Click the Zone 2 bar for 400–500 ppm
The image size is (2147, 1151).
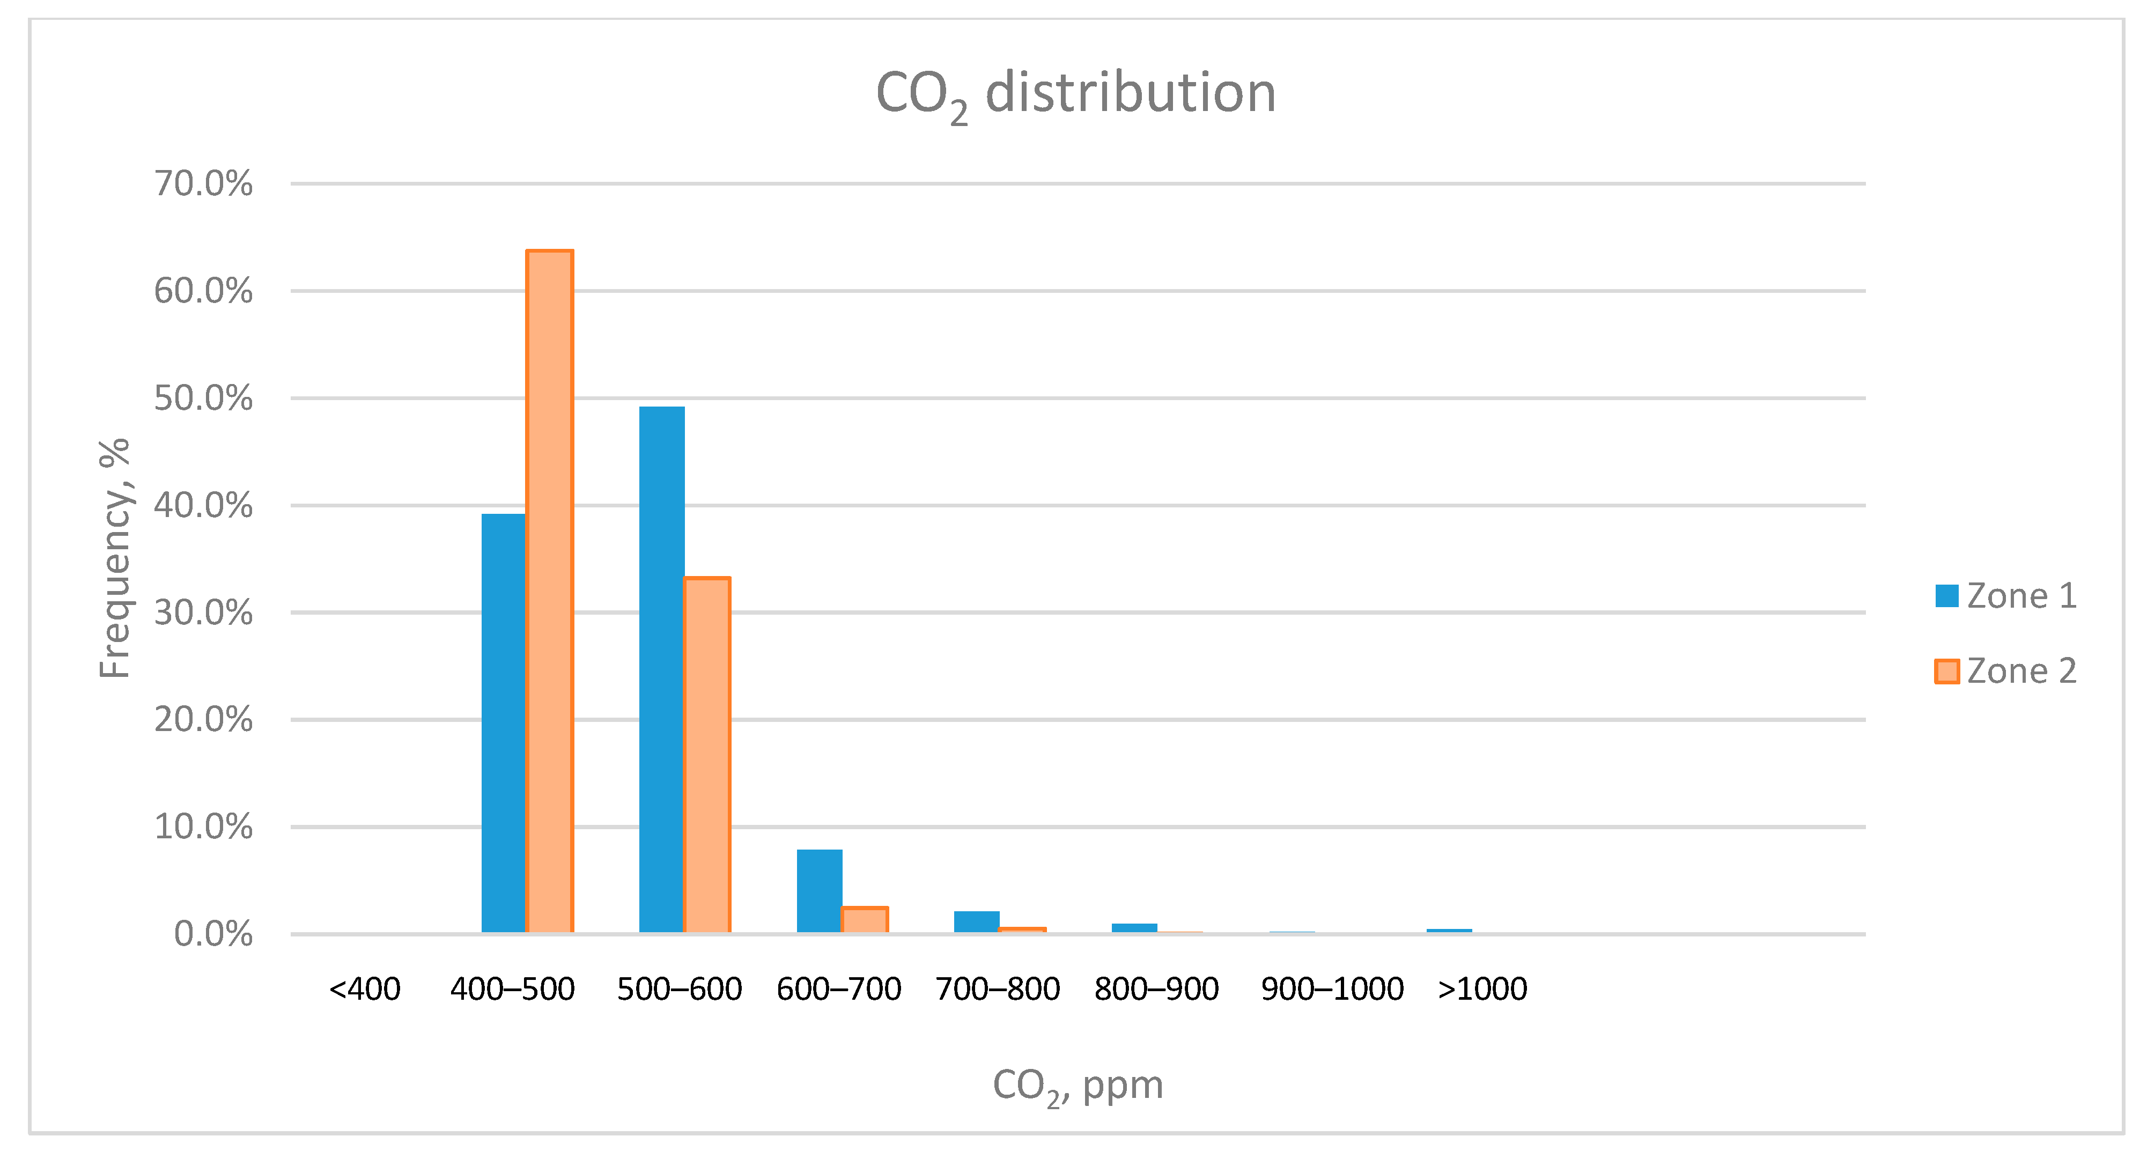(x=549, y=592)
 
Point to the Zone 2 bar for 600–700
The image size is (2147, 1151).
(x=864, y=920)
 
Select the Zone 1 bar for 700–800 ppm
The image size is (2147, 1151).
(x=976, y=923)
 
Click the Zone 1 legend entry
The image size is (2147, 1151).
(x=2005, y=596)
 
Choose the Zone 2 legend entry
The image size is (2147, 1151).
(x=2005, y=671)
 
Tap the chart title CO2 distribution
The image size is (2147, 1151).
(x=1075, y=93)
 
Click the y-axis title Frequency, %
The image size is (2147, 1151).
(x=114, y=558)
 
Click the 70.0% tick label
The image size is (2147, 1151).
(x=203, y=183)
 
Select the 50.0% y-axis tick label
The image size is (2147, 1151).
(x=203, y=399)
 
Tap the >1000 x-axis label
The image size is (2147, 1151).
(x=1482, y=990)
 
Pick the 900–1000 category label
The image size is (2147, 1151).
(x=1332, y=990)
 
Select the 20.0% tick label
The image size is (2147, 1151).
(x=203, y=719)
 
